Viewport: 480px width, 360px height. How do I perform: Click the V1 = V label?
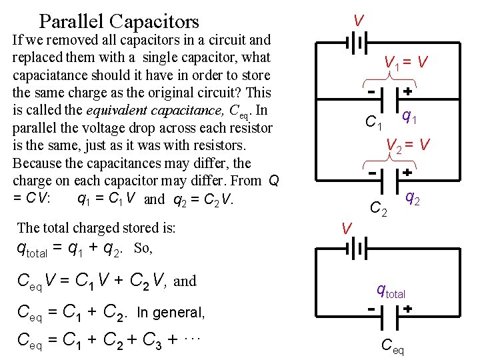(406, 63)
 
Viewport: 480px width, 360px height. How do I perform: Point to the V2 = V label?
(408, 143)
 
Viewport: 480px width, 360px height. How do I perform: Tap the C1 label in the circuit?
(374, 122)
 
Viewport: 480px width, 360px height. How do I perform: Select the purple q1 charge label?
(408, 119)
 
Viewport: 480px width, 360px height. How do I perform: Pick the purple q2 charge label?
(413, 198)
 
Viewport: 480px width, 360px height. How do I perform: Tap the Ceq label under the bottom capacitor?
(392, 345)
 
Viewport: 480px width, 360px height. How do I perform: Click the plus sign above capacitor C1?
(406, 91)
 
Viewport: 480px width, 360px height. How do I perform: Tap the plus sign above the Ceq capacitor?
(406, 309)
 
